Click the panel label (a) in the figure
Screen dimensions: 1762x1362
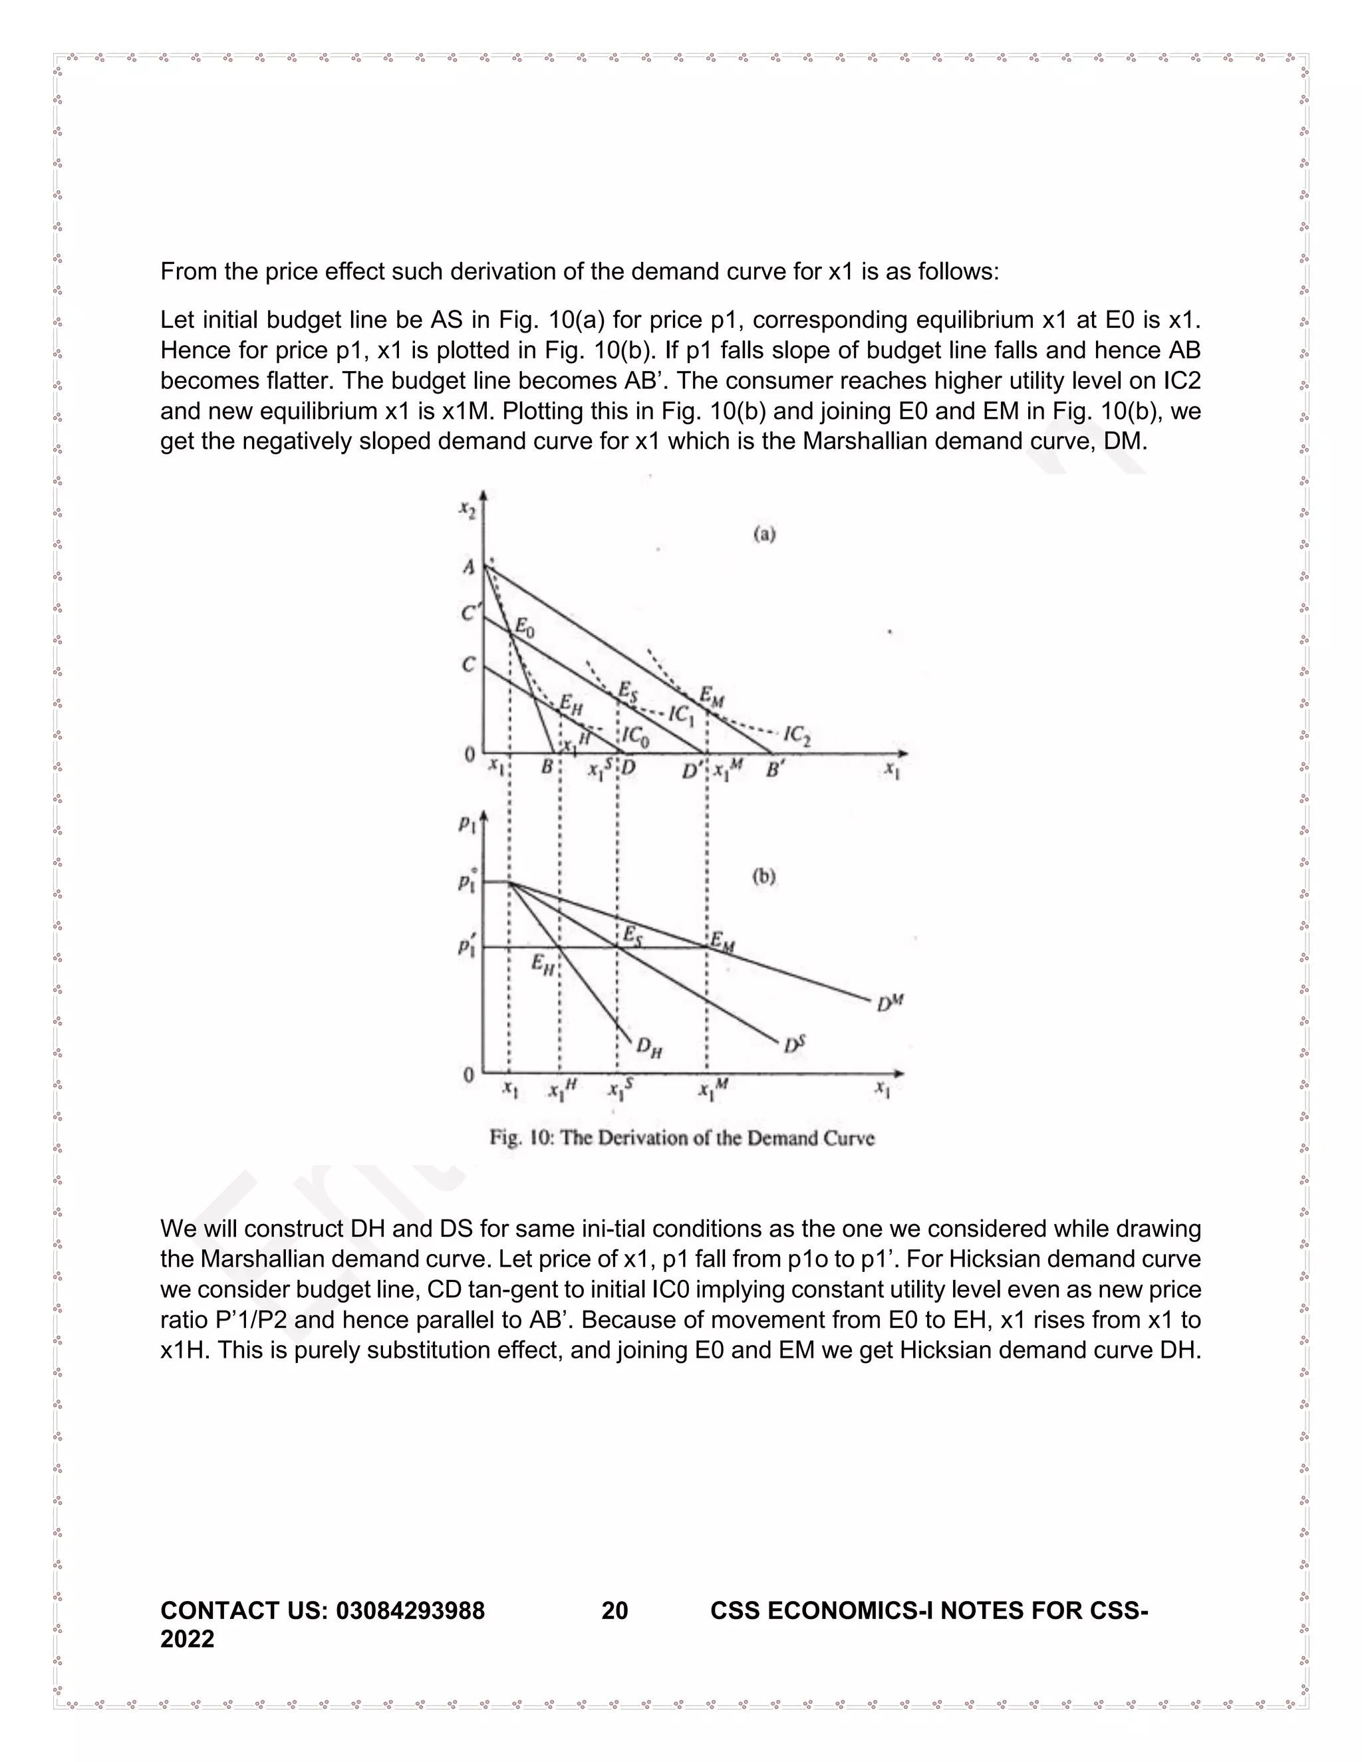[764, 533]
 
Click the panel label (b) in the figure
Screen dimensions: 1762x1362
[764, 876]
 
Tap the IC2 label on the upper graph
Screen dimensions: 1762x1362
[797, 734]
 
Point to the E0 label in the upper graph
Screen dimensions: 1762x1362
[525, 626]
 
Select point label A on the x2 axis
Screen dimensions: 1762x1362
[469, 568]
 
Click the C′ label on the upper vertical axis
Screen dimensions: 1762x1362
[470, 614]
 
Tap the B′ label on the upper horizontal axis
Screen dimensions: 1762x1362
[776, 770]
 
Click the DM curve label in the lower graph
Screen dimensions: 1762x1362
[890, 1003]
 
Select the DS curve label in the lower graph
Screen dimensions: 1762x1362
[794, 1045]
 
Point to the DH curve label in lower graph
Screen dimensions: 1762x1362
[650, 1047]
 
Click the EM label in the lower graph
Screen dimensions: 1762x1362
[722, 942]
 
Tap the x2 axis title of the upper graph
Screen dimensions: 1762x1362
[466, 509]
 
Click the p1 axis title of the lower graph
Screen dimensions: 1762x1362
[467, 824]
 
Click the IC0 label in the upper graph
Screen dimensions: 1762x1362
[635, 736]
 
